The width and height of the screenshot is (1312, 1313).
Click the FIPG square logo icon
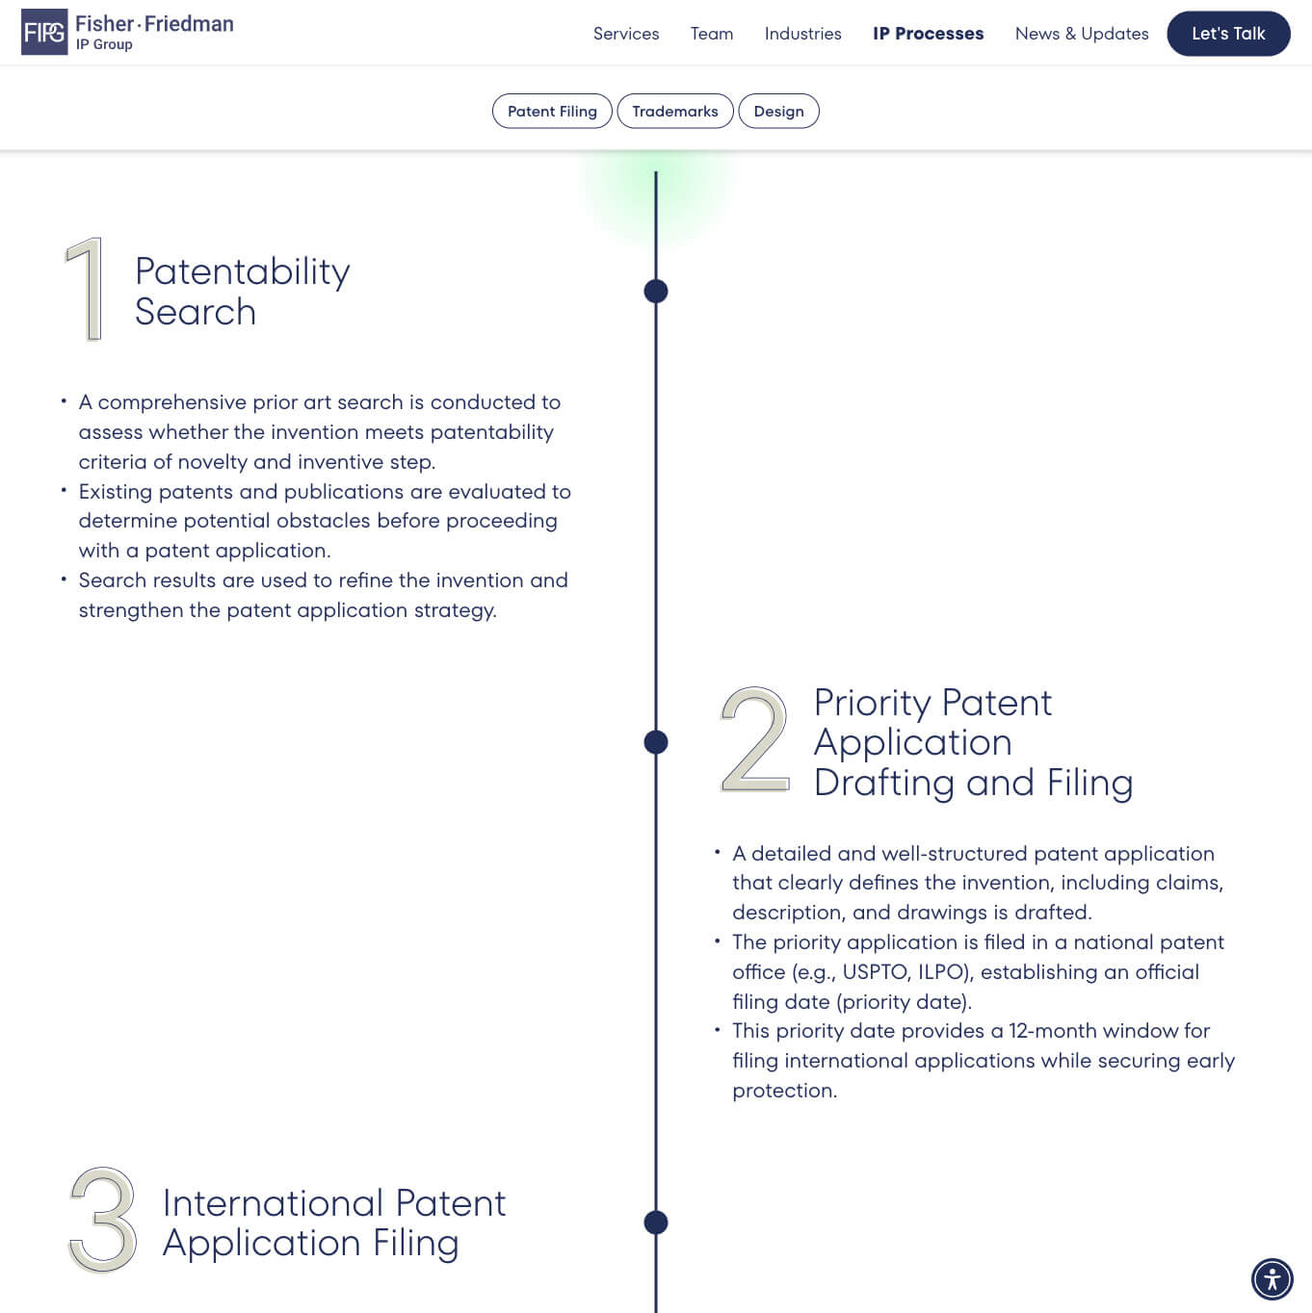coord(44,32)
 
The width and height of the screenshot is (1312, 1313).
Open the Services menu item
coord(626,34)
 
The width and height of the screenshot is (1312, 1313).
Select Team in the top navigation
coord(711,34)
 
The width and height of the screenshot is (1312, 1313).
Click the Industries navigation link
coord(802,34)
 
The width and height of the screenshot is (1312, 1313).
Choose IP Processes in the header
coord(928,34)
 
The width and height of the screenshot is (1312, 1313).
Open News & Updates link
coord(1082,34)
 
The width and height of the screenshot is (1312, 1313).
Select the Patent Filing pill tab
coord(552,111)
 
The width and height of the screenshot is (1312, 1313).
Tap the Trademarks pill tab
coord(675,111)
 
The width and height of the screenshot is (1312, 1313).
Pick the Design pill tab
coord(778,111)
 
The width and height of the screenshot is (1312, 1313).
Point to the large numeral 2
coord(755,740)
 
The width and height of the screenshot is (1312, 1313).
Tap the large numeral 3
coord(103,1220)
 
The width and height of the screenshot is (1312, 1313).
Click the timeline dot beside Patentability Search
coord(655,291)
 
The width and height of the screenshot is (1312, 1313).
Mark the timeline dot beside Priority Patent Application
coord(655,742)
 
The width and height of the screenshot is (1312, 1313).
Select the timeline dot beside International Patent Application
coord(655,1223)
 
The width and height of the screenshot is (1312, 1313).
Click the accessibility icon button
coord(1272,1279)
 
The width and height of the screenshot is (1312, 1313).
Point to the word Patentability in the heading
coord(242,272)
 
